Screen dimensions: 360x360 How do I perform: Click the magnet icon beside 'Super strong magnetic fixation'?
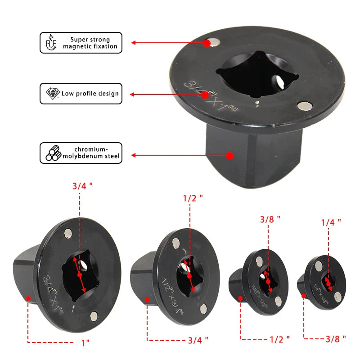[51, 43]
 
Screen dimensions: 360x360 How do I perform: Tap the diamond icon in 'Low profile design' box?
[53, 93]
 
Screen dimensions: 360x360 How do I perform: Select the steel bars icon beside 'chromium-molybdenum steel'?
[53, 153]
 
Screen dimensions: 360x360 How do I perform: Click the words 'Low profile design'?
[90, 94]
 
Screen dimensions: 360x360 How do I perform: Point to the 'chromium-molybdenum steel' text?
[91, 153]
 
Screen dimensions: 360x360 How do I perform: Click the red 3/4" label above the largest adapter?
[82, 186]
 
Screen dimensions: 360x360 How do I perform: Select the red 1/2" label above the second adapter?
[193, 197]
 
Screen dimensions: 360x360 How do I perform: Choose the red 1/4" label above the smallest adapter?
[331, 221]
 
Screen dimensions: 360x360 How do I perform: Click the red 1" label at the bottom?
[85, 342]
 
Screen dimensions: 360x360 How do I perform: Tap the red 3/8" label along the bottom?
[335, 337]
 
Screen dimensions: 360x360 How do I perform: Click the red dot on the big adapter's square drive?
[229, 156]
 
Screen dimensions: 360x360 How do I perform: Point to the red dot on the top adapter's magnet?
[207, 43]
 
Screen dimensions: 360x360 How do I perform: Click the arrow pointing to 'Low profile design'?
[166, 95]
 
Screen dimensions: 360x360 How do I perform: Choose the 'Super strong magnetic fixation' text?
[90, 43]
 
